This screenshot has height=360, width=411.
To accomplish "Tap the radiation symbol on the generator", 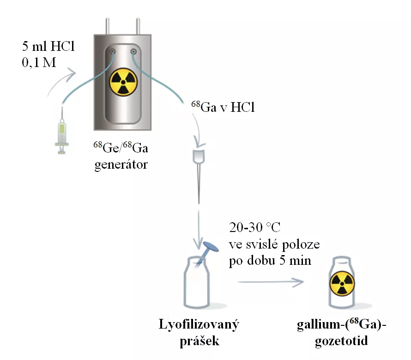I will [123, 82].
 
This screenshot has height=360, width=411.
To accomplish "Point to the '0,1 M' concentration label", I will [39, 62].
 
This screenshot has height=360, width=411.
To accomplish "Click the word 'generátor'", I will [121, 164].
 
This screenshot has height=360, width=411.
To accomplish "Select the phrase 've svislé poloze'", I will [274, 244].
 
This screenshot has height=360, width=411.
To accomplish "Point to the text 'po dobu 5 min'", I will [270, 260].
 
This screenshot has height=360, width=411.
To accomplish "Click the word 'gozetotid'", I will [342, 341].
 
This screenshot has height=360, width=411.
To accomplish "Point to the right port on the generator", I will [134, 51].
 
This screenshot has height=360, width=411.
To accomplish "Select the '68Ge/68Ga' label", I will [121, 149].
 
